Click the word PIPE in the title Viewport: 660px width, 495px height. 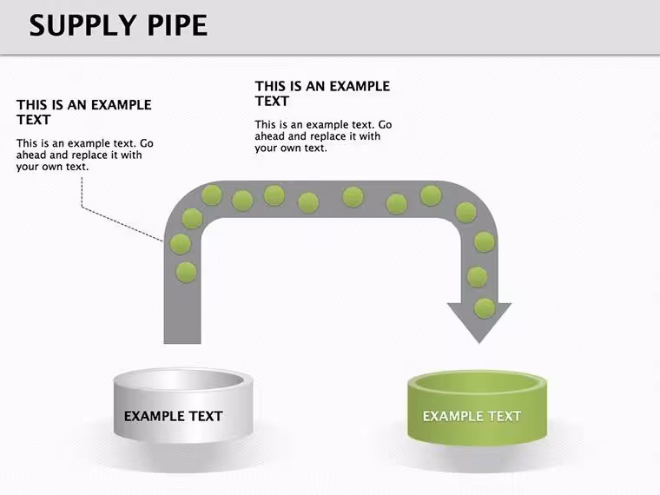point(177,25)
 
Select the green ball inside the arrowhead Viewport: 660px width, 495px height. point(485,308)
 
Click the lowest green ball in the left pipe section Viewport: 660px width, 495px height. point(186,273)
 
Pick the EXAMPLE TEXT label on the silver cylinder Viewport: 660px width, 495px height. point(174,416)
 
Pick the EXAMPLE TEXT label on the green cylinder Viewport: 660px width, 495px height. point(472,416)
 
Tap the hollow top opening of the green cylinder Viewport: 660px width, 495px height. point(478,382)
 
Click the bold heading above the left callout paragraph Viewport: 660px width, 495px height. point(83,112)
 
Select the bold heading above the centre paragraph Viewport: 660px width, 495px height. point(322,94)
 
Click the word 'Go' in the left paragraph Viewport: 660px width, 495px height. point(147,143)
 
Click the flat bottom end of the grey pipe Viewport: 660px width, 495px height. point(182,343)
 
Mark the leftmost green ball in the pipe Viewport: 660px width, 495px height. point(180,244)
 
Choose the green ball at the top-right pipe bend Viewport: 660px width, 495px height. point(466,212)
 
